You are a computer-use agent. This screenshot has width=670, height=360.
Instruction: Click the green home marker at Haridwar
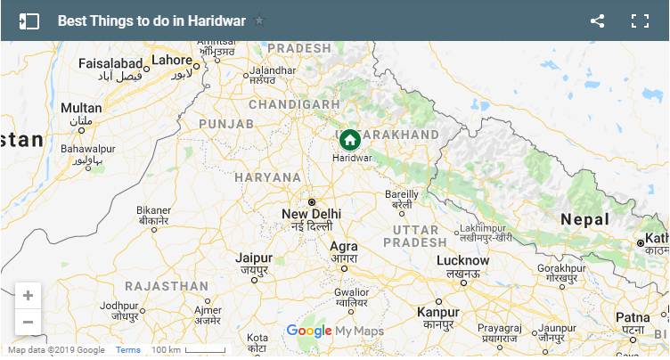coord(350,140)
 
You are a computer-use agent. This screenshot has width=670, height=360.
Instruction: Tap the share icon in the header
coord(598,20)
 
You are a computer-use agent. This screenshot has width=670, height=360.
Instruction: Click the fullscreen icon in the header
coord(640,20)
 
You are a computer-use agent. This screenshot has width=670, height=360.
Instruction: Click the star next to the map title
coord(259,20)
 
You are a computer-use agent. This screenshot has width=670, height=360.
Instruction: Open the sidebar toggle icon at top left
coord(29,20)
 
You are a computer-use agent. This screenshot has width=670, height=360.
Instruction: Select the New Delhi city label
coord(311,214)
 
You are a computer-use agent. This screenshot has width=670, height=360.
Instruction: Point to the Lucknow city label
coord(462,260)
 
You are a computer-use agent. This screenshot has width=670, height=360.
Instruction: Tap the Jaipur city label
coord(254,258)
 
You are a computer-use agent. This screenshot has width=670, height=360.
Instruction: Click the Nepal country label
coord(584,219)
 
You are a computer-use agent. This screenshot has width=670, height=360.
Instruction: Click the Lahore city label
coord(172,61)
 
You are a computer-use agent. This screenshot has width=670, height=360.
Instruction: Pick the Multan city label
coord(81,108)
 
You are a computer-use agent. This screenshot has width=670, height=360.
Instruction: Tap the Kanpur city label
coord(437,313)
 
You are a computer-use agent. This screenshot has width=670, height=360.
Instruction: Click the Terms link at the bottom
coord(128,350)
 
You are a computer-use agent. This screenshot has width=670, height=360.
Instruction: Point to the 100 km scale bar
coord(187,350)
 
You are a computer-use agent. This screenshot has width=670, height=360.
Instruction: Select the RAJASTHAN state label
coord(167,286)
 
